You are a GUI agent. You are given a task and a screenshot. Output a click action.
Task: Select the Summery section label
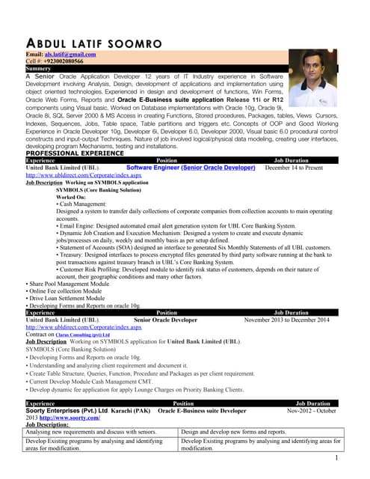click(x=38, y=68)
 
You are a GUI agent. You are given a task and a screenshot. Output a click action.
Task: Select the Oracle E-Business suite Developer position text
click(x=202, y=411)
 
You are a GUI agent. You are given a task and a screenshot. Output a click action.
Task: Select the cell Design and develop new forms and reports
click(x=234, y=432)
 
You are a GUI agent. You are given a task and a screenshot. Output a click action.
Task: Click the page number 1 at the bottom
click(x=338, y=458)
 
